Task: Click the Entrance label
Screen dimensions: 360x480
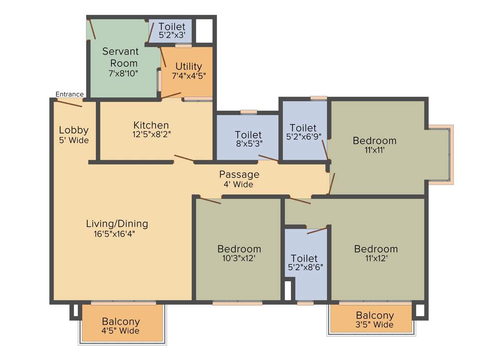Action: pos(69,94)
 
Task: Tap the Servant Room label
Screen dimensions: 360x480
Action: pos(120,57)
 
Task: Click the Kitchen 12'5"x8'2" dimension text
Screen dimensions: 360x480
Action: pos(151,134)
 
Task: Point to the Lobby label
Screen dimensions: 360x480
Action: pos(74,130)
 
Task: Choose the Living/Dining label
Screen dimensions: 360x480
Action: pos(117,224)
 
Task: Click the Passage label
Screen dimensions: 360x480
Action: pos(239,174)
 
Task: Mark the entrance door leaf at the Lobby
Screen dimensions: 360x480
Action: pos(68,103)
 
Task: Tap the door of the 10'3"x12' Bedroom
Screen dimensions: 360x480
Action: pos(209,201)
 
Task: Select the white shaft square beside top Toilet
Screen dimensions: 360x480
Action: pos(204,30)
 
